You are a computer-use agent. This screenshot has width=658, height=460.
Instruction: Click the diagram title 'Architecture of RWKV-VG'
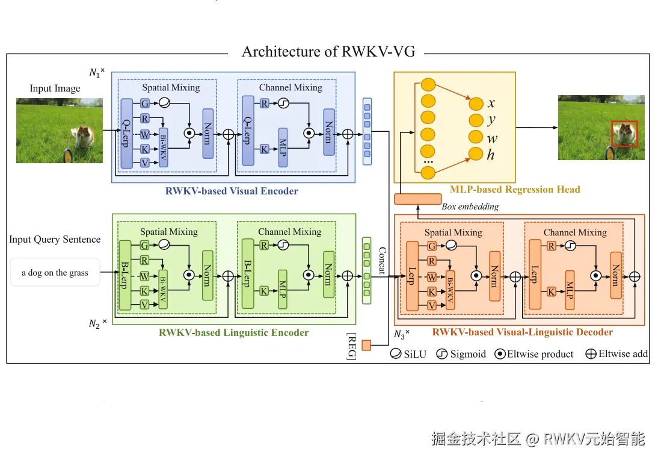[328, 51]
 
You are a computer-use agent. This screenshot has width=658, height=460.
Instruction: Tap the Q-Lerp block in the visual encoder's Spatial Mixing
[126, 134]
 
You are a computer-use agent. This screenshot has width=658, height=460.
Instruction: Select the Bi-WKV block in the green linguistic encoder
[163, 290]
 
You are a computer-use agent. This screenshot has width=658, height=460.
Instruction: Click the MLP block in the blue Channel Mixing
[283, 148]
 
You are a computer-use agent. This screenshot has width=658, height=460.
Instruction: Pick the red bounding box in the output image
[624, 134]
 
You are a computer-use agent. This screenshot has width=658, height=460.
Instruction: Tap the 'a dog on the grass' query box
[55, 272]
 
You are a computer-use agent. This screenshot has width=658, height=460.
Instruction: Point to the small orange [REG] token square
[366, 346]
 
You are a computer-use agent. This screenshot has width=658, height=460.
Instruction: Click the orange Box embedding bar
[418, 199]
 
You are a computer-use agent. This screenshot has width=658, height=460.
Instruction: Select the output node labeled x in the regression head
[476, 104]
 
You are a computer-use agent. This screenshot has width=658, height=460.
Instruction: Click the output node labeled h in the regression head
[476, 154]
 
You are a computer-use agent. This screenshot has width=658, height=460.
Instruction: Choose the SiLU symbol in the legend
[396, 353]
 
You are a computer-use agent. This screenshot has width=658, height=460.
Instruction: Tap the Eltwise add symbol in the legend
[591, 353]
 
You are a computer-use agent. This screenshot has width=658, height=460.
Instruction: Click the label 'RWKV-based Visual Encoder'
[232, 191]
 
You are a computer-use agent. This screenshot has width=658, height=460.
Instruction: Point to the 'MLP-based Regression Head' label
[515, 190]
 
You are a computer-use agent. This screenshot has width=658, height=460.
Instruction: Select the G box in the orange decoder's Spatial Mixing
[431, 246]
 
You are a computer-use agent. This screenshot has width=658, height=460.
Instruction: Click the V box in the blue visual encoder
[145, 163]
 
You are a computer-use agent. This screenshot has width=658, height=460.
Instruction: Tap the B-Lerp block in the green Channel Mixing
[248, 273]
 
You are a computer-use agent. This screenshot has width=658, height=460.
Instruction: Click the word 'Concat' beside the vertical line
[382, 261]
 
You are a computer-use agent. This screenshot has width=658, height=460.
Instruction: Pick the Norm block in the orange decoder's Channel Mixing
[616, 275]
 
